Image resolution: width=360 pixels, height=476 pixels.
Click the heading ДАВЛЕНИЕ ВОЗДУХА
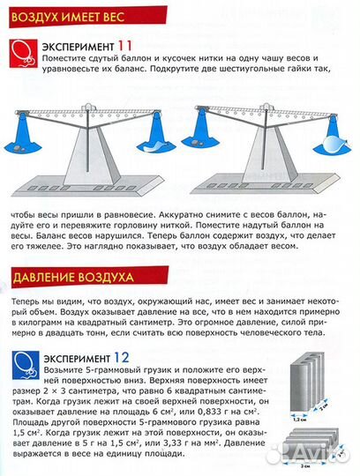coord(66,279)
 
